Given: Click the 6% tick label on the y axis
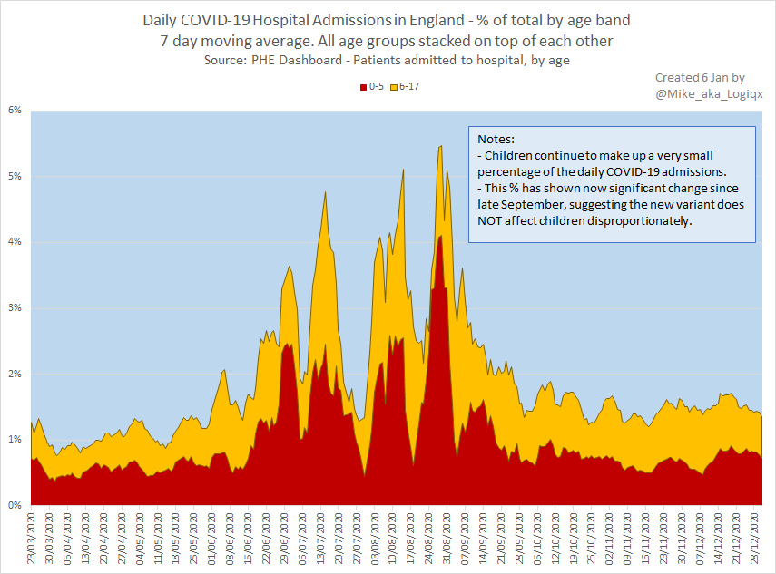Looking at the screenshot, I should point(15,110).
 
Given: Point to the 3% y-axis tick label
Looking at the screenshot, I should point(15,307).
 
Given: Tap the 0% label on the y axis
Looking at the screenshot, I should point(15,505).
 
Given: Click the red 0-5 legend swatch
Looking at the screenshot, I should point(363,86).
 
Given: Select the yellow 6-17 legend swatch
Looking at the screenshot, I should point(395,86).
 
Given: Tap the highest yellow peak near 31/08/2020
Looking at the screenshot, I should point(440,147).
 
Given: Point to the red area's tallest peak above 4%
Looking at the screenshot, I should point(439,237).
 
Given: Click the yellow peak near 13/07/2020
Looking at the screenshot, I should point(324,193).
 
